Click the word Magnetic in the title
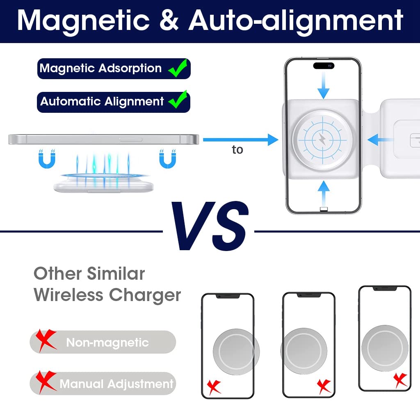click(x=84, y=20)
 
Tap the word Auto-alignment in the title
click(x=296, y=20)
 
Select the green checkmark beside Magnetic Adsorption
click(x=178, y=68)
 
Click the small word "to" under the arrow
click(x=237, y=150)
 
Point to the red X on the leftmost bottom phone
click(x=213, y=386)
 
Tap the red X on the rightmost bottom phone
click(x=400, y=379)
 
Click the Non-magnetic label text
click(x=107, y=342)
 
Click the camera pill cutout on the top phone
click(x=324, y=65)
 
